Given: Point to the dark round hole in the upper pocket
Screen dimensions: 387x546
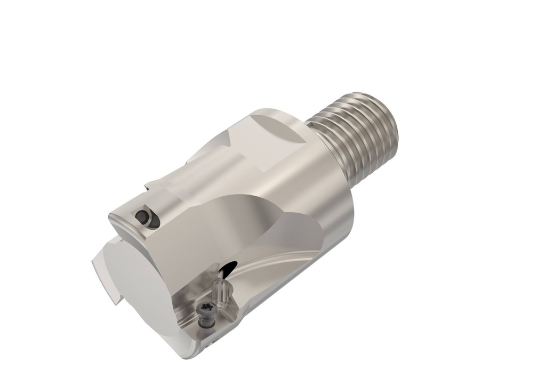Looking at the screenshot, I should pyautogui.click(x=142, y=216).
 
